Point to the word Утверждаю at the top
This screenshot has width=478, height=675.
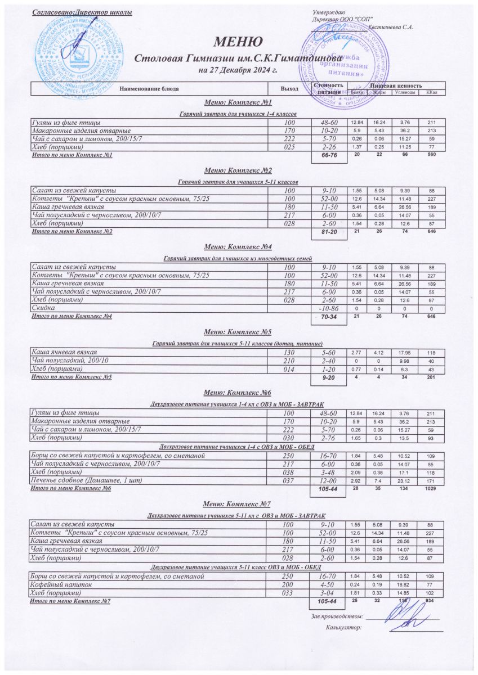click(325, 12)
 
